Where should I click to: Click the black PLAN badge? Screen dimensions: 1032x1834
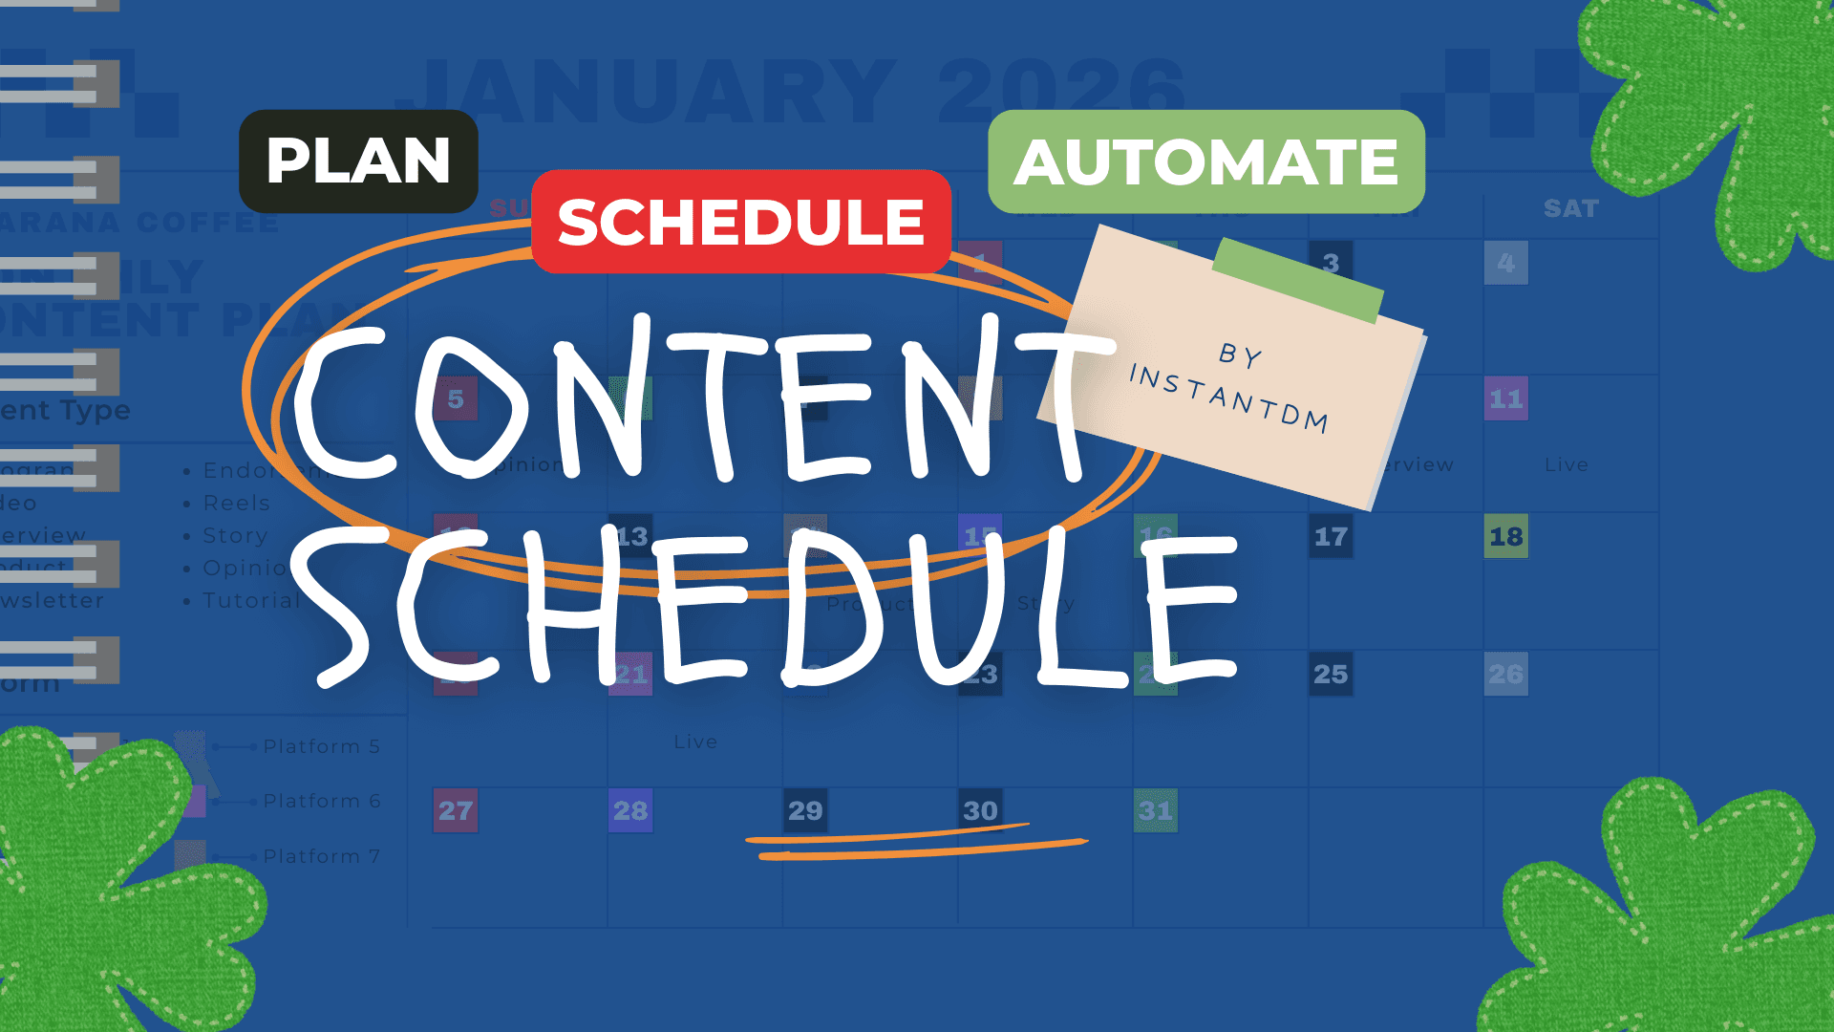358,161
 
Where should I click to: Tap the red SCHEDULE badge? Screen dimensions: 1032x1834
741,222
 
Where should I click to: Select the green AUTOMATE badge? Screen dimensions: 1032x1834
1206,161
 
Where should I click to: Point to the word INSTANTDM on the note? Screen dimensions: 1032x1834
1229,398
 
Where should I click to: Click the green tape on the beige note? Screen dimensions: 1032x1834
1298,280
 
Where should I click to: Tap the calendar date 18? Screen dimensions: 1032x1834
1506,536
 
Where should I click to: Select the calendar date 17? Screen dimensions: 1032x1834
1331,536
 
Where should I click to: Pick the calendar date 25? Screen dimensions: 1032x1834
1331,674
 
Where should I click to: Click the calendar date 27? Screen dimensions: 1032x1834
456,810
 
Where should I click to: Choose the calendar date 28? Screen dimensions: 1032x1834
630,810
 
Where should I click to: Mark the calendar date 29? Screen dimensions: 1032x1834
805,810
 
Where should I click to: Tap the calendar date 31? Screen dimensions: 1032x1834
1155,810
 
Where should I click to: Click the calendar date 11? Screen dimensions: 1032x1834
1506,398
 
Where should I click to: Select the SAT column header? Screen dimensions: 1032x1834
1571,208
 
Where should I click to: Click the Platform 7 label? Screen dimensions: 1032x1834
322,856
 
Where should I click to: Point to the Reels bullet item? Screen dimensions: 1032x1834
236,503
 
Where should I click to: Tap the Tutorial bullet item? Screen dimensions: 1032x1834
251,600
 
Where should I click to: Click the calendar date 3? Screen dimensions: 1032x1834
1331,263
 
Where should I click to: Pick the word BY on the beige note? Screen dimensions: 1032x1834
1241,355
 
